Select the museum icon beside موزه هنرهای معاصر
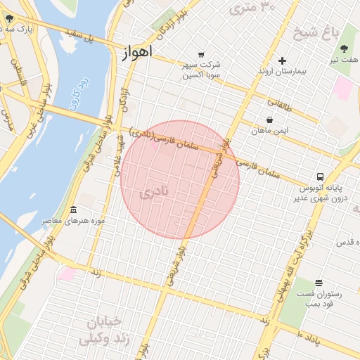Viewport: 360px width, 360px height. (x=74, y=210)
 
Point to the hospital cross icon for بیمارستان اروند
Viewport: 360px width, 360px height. (x=282, y=61)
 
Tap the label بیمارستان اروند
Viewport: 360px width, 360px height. (x=282, y=72)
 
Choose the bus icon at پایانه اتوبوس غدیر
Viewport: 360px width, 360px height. (x=320, y=177)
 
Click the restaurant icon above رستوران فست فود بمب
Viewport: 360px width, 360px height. (x=319, y=283)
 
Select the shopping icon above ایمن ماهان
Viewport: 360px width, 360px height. (x=271, y=120)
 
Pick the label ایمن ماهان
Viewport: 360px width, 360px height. (x=271, y=130)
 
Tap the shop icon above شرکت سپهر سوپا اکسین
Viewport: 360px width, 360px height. (x=202, y=55)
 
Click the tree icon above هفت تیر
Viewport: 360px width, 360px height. (x=344, y=49)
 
